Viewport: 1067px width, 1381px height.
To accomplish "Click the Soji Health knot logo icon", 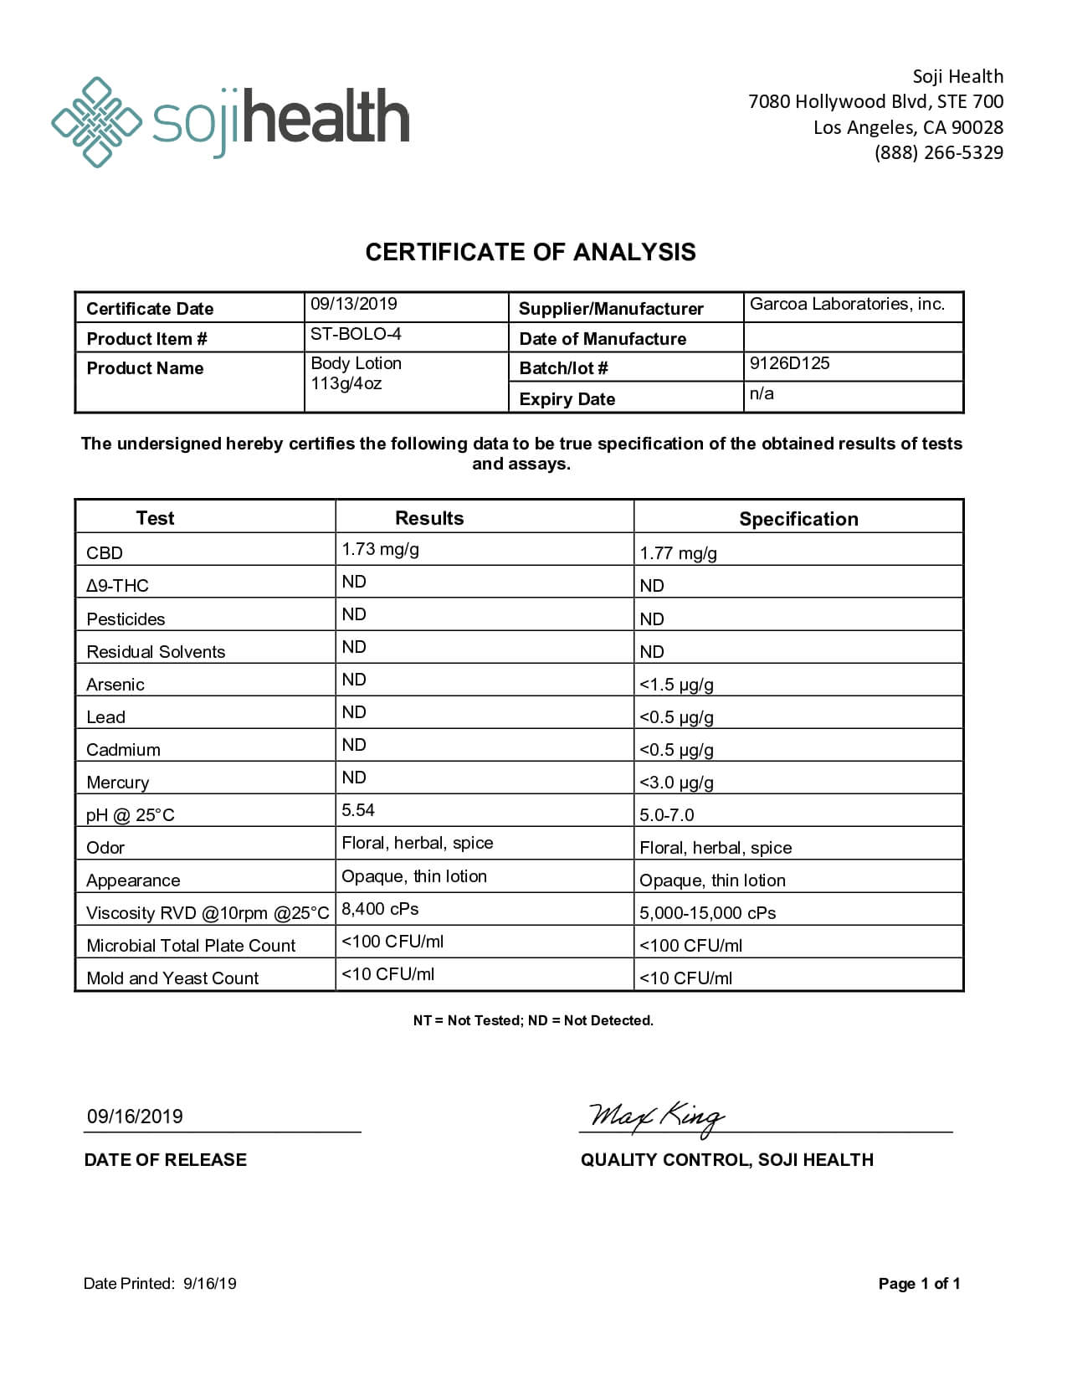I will tap(95, 122).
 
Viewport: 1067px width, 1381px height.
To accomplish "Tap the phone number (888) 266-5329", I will tap(938, 152).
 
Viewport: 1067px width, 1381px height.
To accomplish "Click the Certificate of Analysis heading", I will tap(531, 252).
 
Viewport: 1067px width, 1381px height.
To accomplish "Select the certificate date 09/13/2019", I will tap(353, 304).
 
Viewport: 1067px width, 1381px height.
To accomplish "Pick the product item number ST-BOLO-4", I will tap(356, 334).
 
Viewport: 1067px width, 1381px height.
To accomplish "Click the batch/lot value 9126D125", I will tap(789, 363).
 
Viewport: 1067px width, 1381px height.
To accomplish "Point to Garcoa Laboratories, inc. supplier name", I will tap(847, 304).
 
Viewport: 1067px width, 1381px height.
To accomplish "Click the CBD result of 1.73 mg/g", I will tap(380, 549).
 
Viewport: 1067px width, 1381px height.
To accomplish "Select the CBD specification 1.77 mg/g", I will tap(678, 553).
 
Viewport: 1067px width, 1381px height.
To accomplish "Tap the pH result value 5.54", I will tap(358, 810).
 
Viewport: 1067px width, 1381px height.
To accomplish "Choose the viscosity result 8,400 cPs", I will tap(380, 909).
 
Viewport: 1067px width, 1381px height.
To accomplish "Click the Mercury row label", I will tap(118, 783).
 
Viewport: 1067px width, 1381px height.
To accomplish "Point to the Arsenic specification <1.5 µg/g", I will tap(676, 685).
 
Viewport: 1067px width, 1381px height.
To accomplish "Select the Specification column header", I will tap(798, 519).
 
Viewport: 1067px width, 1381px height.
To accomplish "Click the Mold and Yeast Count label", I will tap(172, 978).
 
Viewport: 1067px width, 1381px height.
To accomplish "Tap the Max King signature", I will tap(656, 1117).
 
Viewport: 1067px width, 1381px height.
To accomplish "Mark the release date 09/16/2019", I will tap(135, 1117).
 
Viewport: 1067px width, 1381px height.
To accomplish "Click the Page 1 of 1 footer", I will tap(919, 1284).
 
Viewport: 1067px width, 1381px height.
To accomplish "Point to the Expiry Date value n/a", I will tap(762, 393).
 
